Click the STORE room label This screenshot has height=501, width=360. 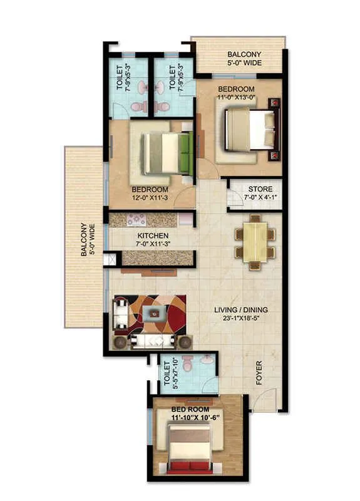coord(259,189)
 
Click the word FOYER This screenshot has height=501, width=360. coord(259,373)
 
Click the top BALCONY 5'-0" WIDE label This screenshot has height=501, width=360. coord(244,58)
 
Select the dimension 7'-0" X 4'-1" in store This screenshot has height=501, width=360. coord(259,198)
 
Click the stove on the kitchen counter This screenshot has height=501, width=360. coord(136,220)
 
